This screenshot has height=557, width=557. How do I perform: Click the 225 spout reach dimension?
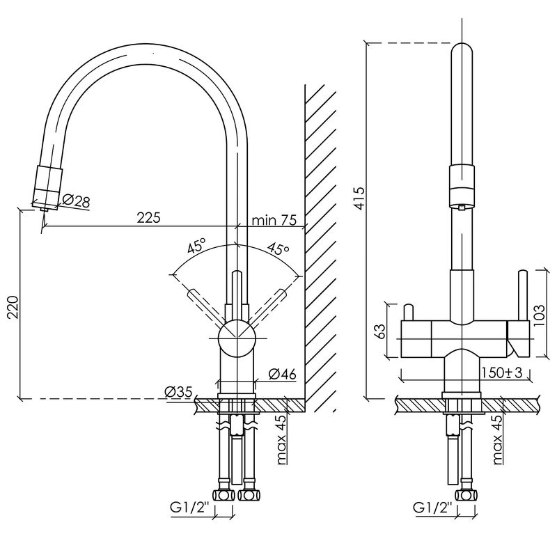click(148, 218)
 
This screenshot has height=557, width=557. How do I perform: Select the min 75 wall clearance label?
click(274, 220)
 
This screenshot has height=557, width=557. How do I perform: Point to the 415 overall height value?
click(359, 198)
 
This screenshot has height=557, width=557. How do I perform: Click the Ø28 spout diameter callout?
click(76, 201)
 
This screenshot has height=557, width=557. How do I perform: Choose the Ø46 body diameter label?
click(282, 374)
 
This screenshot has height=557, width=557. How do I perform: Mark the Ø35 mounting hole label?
click(178, 392)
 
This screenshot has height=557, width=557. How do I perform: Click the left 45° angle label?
click(197, 246)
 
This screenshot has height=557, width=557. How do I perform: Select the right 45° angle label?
click(278, 248)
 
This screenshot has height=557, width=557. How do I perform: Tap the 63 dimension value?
click(379, 331)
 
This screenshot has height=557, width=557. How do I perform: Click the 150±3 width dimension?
click(502, 372)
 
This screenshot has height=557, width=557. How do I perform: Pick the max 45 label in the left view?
click(281, 440)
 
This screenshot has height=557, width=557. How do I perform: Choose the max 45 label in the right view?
click(498, 439)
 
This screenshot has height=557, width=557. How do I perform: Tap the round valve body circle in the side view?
click(237, 338)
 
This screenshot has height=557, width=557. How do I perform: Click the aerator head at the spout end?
click(47, 187)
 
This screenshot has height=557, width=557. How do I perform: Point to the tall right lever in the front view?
click(522, 295)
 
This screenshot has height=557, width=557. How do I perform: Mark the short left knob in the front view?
click(408, 313)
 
